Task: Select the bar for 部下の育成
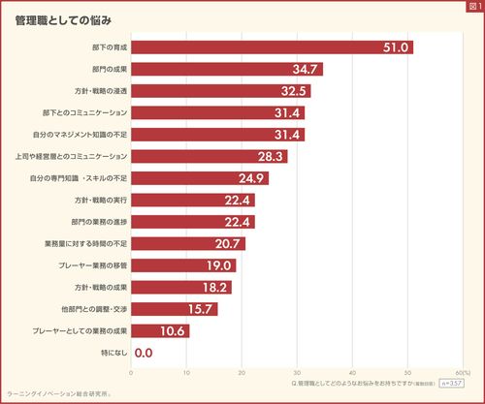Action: pos(272,47)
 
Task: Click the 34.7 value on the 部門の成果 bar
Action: pos(307,69)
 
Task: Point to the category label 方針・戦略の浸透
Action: pos(101,91)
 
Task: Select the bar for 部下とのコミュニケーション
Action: pos(217,112)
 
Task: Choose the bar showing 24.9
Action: pos(199,178)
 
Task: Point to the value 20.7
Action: pos(229,243)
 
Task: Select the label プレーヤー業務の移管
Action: pos(94,265)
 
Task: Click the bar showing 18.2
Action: pos(180,287)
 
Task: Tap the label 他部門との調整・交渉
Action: pos(94,309)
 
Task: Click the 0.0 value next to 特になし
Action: pos(144,353)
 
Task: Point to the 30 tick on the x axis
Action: pos(297,372)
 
